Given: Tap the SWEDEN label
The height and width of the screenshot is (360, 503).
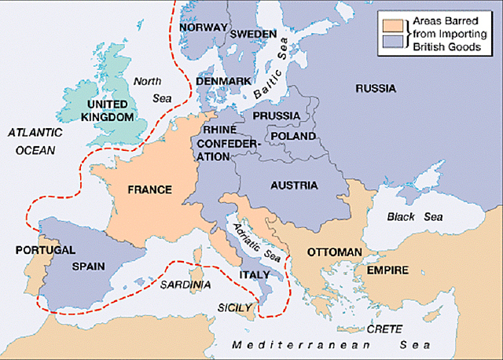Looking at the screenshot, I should (x=253, y=35).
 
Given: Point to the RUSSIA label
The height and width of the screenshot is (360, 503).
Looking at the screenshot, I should (x=376, y=89).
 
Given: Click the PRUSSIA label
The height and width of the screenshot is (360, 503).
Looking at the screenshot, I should (x=276, y=116).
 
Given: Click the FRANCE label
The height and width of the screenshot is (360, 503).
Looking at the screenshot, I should (x=149, y=189).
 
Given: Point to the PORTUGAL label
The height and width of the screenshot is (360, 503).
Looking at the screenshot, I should (x=45, y=250).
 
